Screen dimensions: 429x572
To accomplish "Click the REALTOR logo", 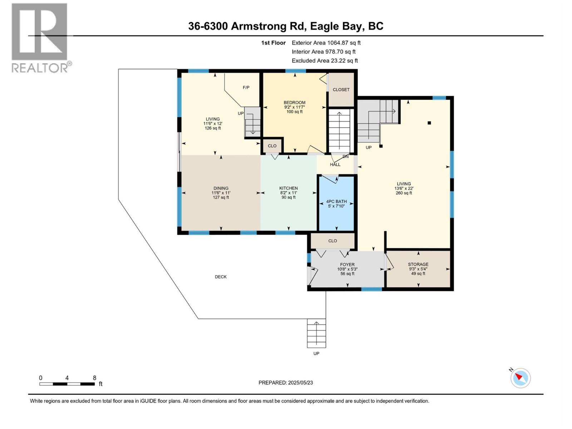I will pyautogui.click(x=40, y=38).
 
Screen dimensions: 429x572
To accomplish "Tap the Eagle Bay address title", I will pyautogui.click(x=286, y=26).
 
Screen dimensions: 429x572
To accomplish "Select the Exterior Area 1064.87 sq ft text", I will pyautogui.click(x=326, y=43).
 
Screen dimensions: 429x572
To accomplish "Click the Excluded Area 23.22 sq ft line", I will pyautogui.click(x=325, y=60).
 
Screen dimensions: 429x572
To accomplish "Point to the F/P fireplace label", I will pyautogui.click(x=246, y=87).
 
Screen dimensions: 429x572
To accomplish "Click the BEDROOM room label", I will pyautogui.click(x=295, y=103).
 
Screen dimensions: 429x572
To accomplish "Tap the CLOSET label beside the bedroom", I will pyautogui.click(x=341, y=89).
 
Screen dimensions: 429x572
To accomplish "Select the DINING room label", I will pyautogui.click(x=221, y=188).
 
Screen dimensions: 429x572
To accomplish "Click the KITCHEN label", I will pyautogui.click(x=289, y=188).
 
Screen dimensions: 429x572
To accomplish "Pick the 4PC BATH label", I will pyautogui.click(x=336, y=201).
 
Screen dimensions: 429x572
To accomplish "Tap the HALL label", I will pyautogui.click(x=335, y=164).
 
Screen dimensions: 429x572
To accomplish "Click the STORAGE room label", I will pyautogui.click(x=418, y=264).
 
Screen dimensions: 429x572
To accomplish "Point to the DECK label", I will pyautogui.click(x=221, y=277).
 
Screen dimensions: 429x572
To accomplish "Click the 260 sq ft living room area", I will pyautogui.click(x=404, y=193).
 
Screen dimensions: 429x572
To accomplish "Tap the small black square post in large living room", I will pyautogui.click(x=429, y=123).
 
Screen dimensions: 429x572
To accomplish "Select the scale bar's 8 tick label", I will pyautogui.click(x=94, y=378).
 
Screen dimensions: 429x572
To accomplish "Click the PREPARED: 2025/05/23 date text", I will pyautogui.click(x=286, y=383).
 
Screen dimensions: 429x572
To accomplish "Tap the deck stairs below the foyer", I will pyautogui.click(x=316, y=333).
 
